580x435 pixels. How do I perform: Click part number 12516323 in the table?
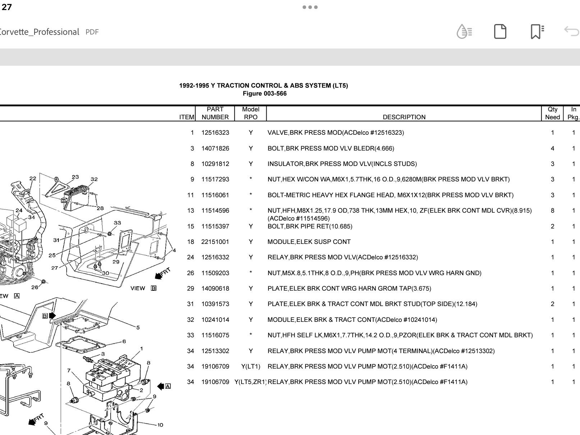pos(215,133)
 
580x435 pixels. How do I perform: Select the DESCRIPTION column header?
pos(404,117)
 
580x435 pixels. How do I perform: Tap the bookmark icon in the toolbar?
pos(537,32)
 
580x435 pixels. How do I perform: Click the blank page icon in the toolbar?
pos(500,32)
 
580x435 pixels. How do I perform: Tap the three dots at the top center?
pos(310,7)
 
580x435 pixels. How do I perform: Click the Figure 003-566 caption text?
pos(264,94)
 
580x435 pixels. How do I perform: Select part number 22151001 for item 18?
pos(215,242)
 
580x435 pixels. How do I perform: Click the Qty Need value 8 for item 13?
pos(552,210)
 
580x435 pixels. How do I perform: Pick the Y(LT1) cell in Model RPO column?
pos(250,366)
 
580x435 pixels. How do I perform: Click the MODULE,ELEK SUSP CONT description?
pos(309,242)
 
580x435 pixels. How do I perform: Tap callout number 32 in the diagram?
pos(94,179)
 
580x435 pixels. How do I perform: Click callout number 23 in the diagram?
pos(75,177)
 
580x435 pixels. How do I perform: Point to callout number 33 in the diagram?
pos(117,223)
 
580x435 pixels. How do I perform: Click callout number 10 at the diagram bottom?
pos(160,425)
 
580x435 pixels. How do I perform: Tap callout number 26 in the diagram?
pos(34,287)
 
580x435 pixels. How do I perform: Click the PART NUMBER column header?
pos(215,113)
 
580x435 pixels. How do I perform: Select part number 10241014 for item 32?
pos(215,320)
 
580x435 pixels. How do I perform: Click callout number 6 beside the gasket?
pos(124,341)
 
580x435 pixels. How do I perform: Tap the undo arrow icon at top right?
pos(571,32)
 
